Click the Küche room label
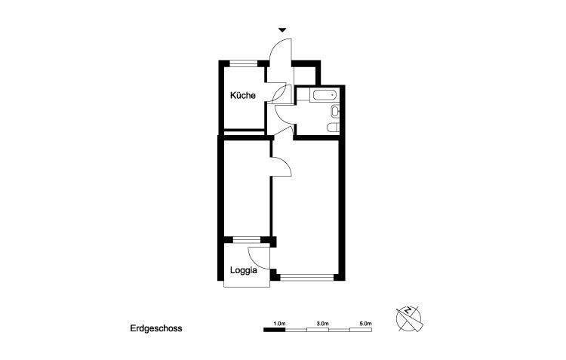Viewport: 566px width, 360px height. (243, 96)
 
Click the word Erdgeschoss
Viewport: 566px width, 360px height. (156, 328)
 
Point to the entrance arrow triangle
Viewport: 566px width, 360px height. (282, 30)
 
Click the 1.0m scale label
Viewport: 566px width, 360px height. (279, 323)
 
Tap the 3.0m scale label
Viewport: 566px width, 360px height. (322, 323)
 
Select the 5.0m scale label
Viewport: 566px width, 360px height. (365, 323)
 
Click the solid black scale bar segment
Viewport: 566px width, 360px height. (274, 331)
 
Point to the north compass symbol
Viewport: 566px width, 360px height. (409, 318)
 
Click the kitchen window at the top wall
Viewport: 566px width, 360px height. (242, 63)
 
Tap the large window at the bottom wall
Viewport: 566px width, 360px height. (306, 278)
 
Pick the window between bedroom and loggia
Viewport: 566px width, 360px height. (246, 240)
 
